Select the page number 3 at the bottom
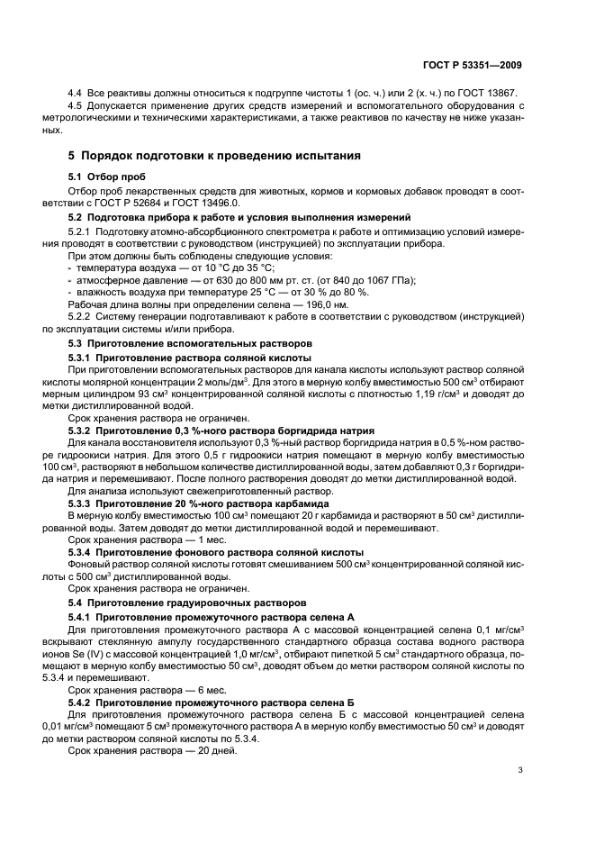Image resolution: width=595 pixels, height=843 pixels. click(520, 771)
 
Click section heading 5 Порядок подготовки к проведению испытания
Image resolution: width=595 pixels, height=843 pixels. click(216, 156)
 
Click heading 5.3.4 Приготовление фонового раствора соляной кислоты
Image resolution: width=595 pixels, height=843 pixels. click(216, 551)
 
